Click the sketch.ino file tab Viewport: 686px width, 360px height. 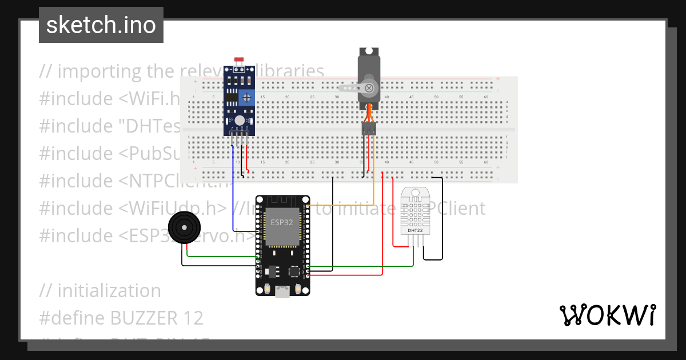click(x=101, y=25)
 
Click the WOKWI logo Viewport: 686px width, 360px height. click(x=607, y=315)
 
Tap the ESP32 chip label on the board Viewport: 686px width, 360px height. click(x=282, y=222)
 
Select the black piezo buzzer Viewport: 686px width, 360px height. click(x=184, y=228)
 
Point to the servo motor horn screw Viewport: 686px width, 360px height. click(x=369, y=88)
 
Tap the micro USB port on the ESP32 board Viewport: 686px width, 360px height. click(x=282, y=292)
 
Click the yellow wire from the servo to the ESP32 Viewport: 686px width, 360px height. click(x=343, y=205)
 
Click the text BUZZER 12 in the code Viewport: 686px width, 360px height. click(x=157, y=317)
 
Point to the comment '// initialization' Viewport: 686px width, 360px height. click(x=100, y=290)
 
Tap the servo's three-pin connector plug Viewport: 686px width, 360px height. click(x=369, y=130)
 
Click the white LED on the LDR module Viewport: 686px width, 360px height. click(x=239, y=120)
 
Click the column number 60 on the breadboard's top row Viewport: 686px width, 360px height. click(x=485, y=98)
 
